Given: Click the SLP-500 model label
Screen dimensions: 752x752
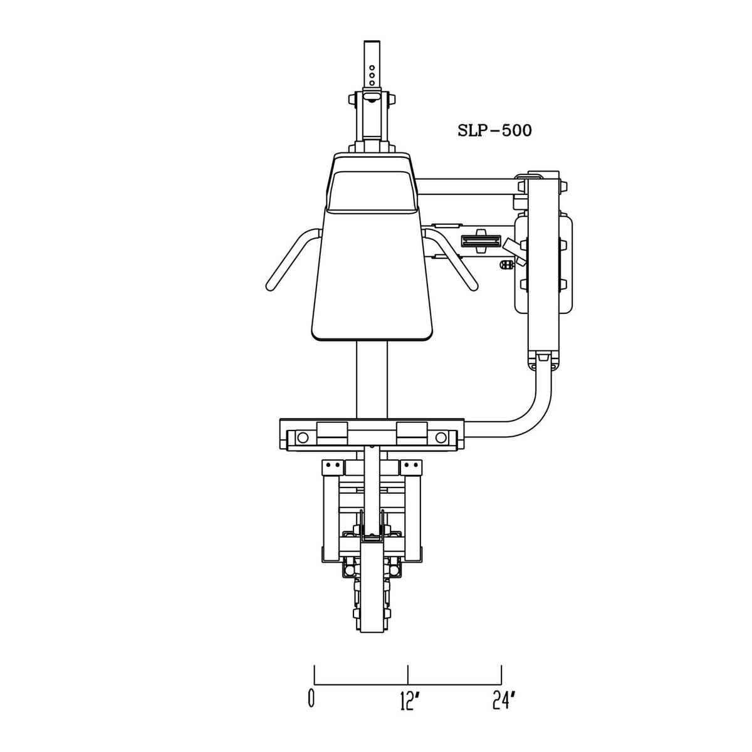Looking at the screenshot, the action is [494, 131].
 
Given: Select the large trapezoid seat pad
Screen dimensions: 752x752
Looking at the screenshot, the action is [372, 273].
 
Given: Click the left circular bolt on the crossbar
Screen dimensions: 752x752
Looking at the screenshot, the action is [302, 437].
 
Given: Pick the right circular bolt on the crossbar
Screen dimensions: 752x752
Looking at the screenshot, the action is [441, 437].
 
